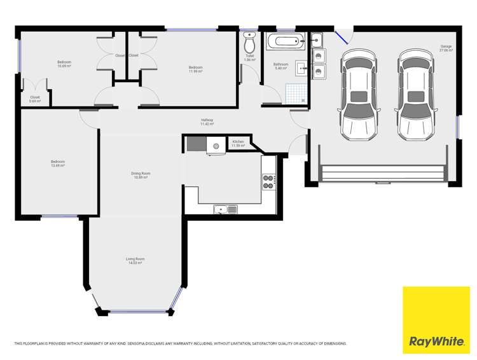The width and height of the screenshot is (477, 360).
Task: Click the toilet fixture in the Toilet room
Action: pos(250,44)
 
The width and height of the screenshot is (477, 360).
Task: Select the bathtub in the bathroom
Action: pos(286,43)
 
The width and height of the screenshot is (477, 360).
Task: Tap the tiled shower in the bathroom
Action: pos(294,93)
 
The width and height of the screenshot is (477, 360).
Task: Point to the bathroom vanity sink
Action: pos(301,69)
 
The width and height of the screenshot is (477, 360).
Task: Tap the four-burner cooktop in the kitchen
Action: pos(268,181)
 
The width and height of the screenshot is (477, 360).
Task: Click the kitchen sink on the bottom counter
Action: pos(225,209)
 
